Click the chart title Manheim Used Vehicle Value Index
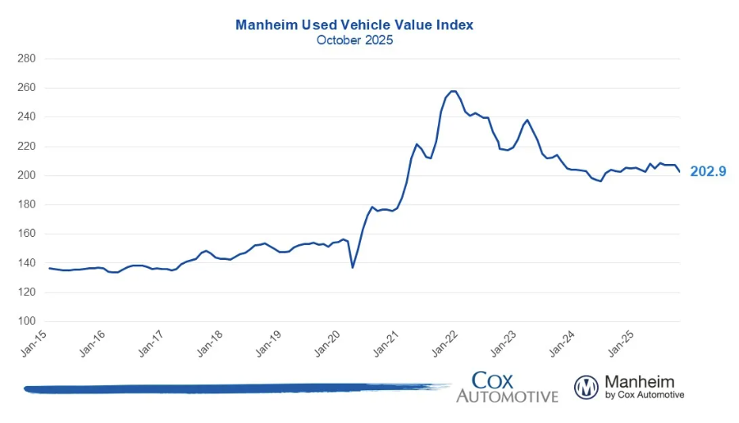(354, 25)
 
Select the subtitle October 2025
(354, 40)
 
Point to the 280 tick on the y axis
(27, 59)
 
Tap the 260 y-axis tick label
(27, 88)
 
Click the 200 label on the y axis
(27, 175)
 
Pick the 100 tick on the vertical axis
(27, 321)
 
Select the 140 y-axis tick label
(27, 263)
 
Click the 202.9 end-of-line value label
(708, 171)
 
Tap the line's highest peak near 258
(454, 91)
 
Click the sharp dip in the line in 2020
(353, 267)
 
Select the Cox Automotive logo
(506, 386)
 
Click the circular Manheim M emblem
(586, 387)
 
